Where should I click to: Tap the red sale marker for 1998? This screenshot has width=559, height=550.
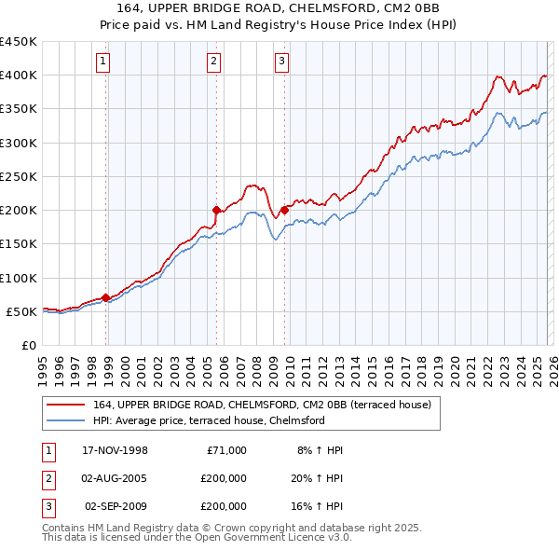(106, 297)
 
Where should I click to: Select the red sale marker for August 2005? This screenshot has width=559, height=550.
(216, 211)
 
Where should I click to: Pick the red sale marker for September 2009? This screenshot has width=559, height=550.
(284, 211)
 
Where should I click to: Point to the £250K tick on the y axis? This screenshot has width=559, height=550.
(19, 176)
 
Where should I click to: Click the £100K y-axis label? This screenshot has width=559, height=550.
(19, 278)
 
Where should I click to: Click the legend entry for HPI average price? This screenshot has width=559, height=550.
(208, 420)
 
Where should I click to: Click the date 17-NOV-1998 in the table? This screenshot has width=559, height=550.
(116, 450)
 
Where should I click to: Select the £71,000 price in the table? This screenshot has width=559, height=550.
(224, 450)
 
